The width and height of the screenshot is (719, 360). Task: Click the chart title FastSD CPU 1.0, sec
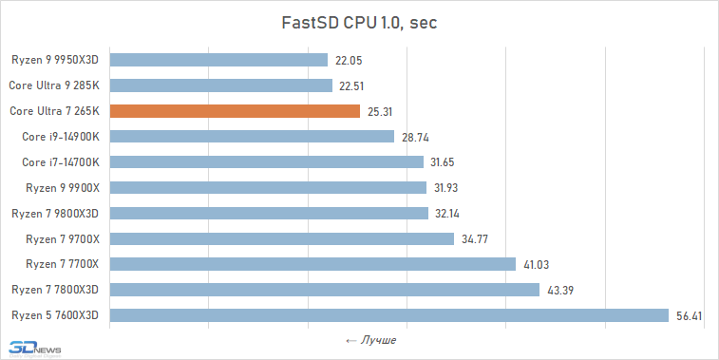pyautogui.click(x=359, y=23)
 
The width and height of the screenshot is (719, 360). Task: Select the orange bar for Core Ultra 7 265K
pyautogui.click(x=235, y=111)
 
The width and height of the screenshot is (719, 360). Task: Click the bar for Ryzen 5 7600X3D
pyautogui.click(x=390, y=314)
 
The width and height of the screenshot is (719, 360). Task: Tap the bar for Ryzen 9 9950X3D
pyautogui.click(x=218, y=60)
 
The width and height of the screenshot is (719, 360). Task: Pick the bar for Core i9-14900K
pyautogui.click(x=252, y=137)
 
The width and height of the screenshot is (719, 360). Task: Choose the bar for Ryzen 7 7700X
pyautogui.click(x=312, y=264)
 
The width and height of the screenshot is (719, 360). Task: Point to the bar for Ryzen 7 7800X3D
pyautogui.click(x=325, y=289)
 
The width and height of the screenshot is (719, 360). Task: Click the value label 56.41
pyautogui.click(x=689, y=315)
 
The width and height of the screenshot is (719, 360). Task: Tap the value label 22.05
pyautogui.click(x=349, y=61)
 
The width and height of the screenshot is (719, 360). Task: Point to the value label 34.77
pyautogui.click(x=475, y=239)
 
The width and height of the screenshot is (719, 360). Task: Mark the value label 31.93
pyautogui.click(x=446, y=188)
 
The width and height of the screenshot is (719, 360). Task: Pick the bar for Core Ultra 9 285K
pyautogui.click(x=221, y=85)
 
